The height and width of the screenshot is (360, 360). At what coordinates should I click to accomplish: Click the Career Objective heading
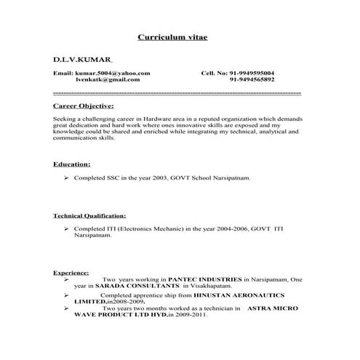click(x=84, y=105)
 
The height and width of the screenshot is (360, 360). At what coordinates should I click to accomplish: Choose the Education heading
click(x=72, y=164)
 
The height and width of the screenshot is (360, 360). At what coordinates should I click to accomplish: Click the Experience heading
click(x=71, y=272)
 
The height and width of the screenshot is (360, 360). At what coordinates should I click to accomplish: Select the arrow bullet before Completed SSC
click(x=66, y=178)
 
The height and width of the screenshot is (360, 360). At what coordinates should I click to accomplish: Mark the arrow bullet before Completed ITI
click(x=66, y=229)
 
